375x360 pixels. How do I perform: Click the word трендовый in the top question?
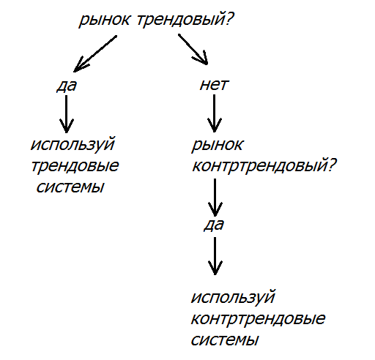click(x=182, y=20)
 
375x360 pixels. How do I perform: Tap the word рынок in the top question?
click(x=104, y=20)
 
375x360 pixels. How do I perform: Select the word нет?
click(x=214, y=85)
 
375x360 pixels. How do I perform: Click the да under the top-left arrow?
click(x=67, y=86)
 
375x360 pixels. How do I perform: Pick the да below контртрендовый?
click(x=214, y=225)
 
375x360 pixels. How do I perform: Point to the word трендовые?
click(x=75, y=166)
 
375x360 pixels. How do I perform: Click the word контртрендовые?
click(x=258, y=318)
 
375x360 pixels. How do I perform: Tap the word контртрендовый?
click(x=260, y=166)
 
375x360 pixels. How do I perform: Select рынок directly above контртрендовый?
click(x=218, y=146)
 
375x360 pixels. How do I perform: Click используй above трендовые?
click(x=73, y=144)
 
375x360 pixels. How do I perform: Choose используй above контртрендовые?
click(x=233, y=298)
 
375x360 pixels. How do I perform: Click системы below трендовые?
click(x=70, y=187)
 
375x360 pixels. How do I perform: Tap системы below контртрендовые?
click(x=225, y=340)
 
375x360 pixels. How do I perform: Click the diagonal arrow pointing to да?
click(x=95, y=54)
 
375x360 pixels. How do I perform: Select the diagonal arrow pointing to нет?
click(x=193, y=49)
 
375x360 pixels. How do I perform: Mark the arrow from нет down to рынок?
click(x=214, y=113)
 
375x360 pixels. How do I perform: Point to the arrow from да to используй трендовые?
click(x=67, y=114)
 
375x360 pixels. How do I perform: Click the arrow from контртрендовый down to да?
click(x=215, y=198)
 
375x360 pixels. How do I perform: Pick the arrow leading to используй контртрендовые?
click(x=215, y=256)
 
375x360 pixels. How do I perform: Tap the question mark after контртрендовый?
click(x=333, y=165)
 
